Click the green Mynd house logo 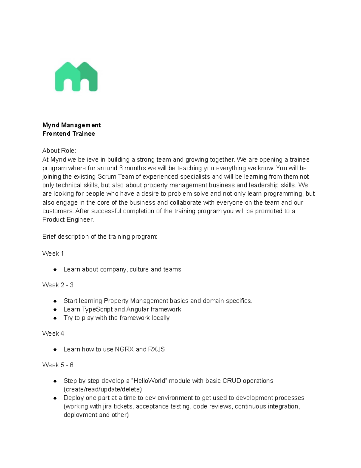pos(76,77)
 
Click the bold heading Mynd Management pos(71,125)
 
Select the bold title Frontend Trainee pos(69,133)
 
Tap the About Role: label pos(59,151)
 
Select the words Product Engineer pos(68,220)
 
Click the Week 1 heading pos(53,253)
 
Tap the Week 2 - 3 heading pos(58,285)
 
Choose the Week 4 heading pos(53,334)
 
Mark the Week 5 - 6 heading pos(58,365)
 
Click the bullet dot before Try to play pos(55,318)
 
